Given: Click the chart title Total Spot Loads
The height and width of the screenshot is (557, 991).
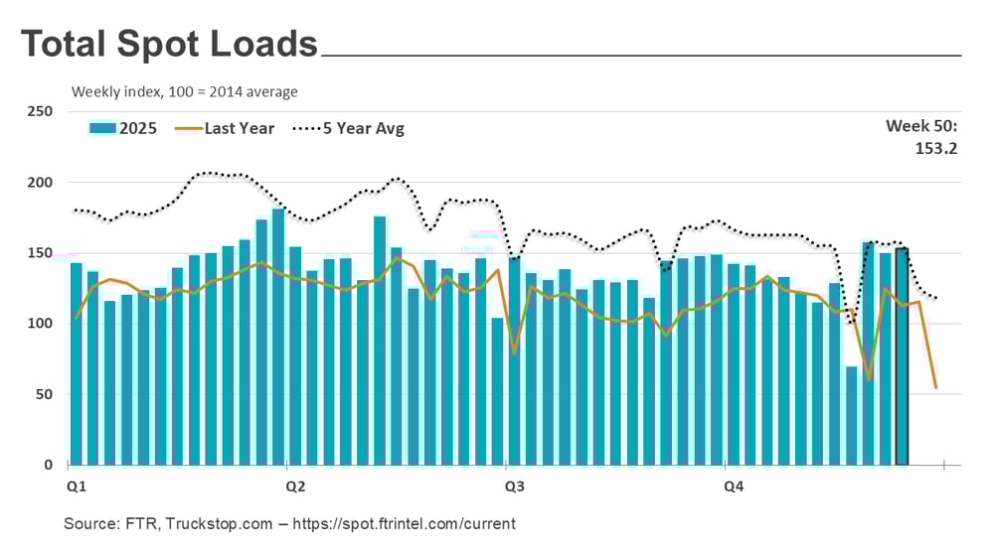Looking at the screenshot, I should (x=169, y=45).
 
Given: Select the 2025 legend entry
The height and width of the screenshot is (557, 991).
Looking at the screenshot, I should (x=123, y=128).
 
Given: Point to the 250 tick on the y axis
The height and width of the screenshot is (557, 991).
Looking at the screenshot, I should (x=40, y=112).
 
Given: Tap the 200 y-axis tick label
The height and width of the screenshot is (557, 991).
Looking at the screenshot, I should (x=40, y=183).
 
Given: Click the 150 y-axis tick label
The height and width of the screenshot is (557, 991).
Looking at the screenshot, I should (x=40, y=253).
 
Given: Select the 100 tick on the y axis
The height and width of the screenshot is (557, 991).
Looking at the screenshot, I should (x=40, y=324).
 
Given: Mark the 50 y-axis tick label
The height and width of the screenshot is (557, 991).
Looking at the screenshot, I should (x=44, y=394).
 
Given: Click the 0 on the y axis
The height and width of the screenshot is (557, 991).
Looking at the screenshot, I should (x=48, y=465).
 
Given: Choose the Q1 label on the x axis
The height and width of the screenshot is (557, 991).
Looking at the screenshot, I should (x=77, y=487).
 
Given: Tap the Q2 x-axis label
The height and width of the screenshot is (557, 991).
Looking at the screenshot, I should (x=295, y=487).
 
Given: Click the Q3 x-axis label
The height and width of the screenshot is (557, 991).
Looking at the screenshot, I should (x=515, y=487).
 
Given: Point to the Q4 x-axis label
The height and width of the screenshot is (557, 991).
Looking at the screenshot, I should (x=734, y=487).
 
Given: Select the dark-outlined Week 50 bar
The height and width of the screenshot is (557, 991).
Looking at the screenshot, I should (x=902, y=357).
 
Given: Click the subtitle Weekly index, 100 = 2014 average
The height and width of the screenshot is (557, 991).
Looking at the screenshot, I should (x=185, y=92).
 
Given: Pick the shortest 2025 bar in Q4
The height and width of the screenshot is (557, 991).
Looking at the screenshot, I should (x=851, y=417).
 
